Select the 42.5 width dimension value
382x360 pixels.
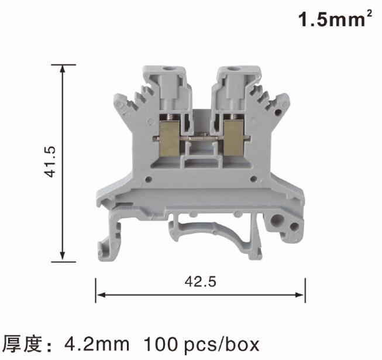coord(200,282)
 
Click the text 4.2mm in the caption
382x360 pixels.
coord(97,344)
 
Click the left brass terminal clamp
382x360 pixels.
coord(170,139)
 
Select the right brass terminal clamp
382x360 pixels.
coord(233,138)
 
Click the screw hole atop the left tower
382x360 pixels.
coord(167,69)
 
